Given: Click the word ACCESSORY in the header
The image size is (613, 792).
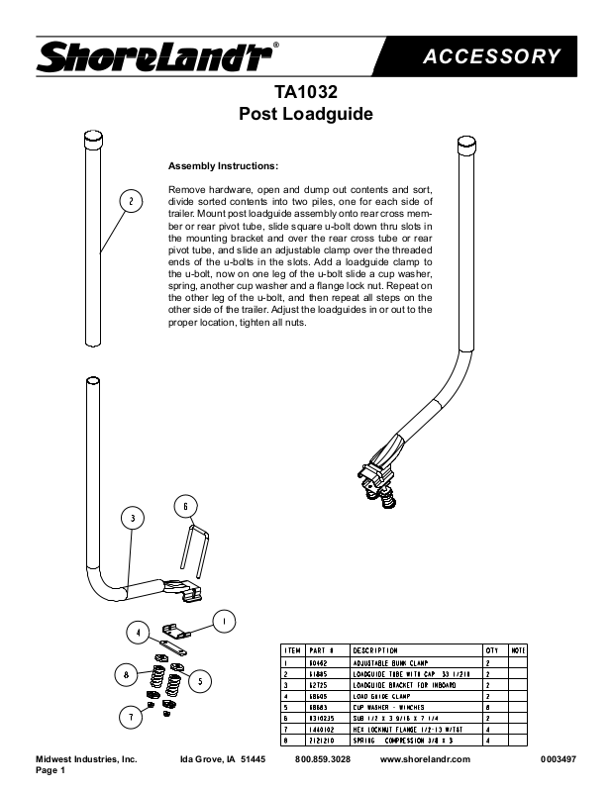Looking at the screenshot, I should pyautogui.click(x=492, y=56).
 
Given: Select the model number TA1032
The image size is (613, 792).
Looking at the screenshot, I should pyautogui.click(x=306, y=93).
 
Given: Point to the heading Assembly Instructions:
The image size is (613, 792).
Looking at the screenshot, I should pyautogui.click(x=223, y=165).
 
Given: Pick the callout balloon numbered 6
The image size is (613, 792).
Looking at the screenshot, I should pyautogui.click(x=185, y=507).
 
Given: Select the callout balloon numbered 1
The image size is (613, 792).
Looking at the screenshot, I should pyautogui.click(x=226, y=622).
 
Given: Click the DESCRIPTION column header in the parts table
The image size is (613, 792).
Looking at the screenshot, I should pyautogui.click(x=374, y=650).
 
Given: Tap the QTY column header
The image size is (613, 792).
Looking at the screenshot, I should pyautogui.click(x=491, y=650).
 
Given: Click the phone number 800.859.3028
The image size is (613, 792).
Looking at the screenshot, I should pyautogui.click(x=323, y=758).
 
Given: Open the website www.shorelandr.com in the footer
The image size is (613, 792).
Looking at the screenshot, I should pyautogui.click(x=425, y=758).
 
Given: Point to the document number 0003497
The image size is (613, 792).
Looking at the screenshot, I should pyautogui.click(x=559, y=758).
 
